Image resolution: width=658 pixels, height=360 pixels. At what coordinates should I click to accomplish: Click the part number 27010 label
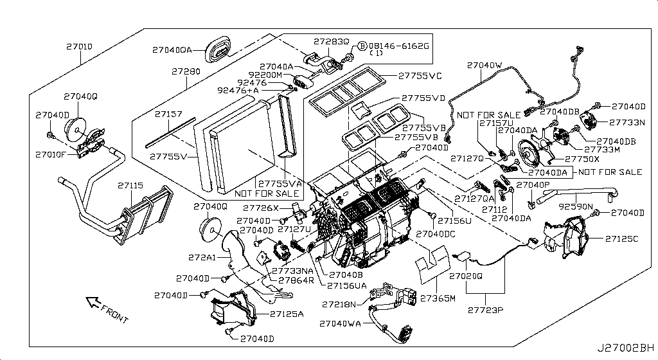point(80,47)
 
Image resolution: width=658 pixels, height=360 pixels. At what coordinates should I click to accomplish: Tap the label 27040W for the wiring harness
point(485,65)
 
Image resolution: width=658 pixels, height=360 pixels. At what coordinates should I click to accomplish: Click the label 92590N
point(575,208)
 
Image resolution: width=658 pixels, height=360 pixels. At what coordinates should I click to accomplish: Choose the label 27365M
point(438,298)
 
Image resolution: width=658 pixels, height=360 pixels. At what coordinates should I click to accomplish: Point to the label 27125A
point(287,314)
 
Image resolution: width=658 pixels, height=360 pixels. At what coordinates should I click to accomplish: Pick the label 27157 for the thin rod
point(169,114)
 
